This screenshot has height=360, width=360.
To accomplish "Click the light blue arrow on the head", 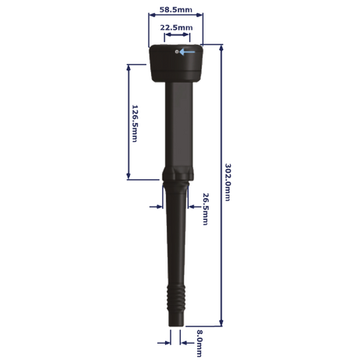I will (x=186, y=53).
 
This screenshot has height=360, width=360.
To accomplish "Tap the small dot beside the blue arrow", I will (x=178, y=53).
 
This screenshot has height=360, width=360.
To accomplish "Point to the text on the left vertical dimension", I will (x=134, y=121).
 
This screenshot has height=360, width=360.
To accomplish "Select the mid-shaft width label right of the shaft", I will (x=205, y=207).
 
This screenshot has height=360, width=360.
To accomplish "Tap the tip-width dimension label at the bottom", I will (x=196, y=338).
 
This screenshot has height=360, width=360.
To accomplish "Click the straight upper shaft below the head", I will (x=175, y=125).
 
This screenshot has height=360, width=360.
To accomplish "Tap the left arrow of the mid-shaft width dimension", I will (x=153, y=207).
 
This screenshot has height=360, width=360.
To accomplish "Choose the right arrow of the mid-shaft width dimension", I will (x=193, y=207).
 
